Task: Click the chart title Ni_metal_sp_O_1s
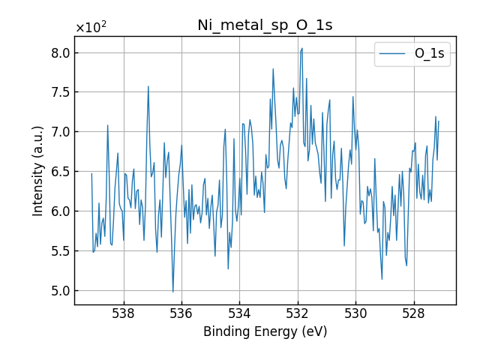(x=265, y=25)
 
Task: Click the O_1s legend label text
(x=429, y=54)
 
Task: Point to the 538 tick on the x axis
(x=123, y=313)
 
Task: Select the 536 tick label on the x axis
(x=181, y=313)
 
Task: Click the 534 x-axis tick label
(x=239, y=313)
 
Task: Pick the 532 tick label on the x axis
(x=298, y=313)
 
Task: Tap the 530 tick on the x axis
(x=355, y=313)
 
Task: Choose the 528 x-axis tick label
(x=414, y=313)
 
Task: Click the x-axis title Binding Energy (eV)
(x=265, y=331)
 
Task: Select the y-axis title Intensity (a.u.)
(x=38, y=171)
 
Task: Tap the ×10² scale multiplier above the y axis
(x=91, y=28)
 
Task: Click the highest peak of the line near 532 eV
(x=301, y=48)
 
